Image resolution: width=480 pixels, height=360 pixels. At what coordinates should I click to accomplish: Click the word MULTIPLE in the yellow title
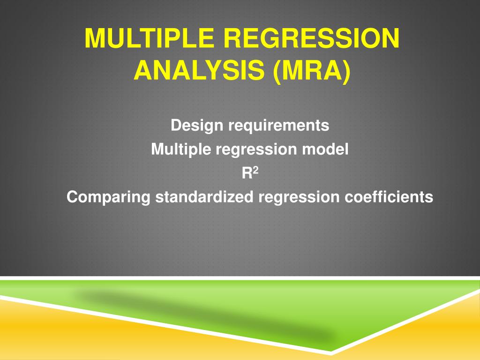pyautogui.click(x=150, y=38)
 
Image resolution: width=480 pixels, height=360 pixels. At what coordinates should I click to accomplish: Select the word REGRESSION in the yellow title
pyautogui.click(x=312, y=38)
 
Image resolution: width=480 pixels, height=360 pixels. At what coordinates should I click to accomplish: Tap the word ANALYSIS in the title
pyautogui.click(x=199, y=70)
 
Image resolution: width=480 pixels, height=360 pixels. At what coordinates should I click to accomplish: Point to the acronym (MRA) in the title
pyautogui.click(x=312, y=71)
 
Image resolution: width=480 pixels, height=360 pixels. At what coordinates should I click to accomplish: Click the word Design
pyautogui.click(x=197, y=126)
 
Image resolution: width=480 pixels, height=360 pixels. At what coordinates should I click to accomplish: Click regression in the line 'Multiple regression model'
pyautogui.click(x=256, y=150)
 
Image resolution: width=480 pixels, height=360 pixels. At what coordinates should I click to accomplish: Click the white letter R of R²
pyautogui.click(x=247, y=173)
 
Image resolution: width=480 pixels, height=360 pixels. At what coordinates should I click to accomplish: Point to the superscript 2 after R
pyautogui.click(x=255, y=171)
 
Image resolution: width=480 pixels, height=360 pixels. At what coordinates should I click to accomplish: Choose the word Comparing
pyautogui.click(x=108, y=197)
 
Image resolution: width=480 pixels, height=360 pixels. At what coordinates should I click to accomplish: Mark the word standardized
pyautogui.click(x=204, y=197)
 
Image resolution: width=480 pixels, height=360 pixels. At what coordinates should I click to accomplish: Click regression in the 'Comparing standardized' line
pyautogui.click(x=299, y=198)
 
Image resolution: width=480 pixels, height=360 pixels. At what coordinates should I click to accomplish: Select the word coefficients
pyautogui.click(x=389, y=197)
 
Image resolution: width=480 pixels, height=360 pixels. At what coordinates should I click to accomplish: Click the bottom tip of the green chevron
pyautogui.click(x=330, y=351)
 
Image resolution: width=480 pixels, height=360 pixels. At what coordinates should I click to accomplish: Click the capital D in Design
pyautogui.click(x=176, y=125)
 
